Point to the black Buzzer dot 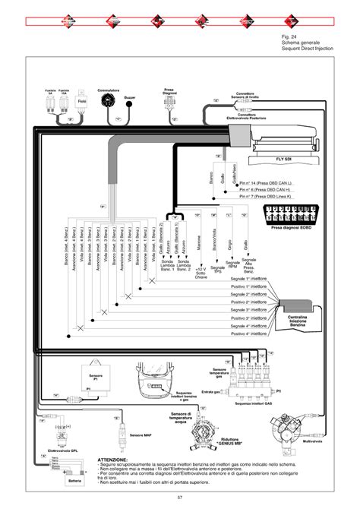pos(130,108)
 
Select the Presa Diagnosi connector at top pos(170,103)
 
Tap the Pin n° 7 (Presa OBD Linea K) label pos(267,196)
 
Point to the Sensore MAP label pos(141,435)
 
